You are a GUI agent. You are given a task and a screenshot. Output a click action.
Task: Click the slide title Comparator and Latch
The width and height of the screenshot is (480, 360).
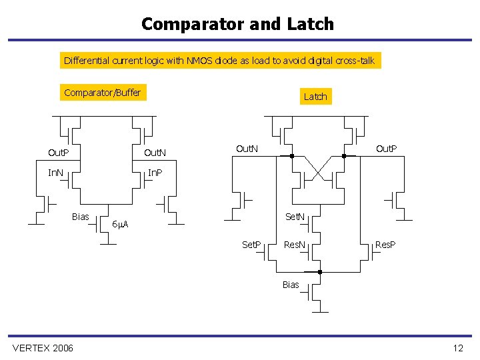237,24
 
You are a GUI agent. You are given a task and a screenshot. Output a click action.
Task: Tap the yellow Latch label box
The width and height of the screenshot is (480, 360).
315,97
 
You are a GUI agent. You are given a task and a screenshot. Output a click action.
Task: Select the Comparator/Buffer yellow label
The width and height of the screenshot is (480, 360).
103,93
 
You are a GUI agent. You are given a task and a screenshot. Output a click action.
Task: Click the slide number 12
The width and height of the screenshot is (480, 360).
457,348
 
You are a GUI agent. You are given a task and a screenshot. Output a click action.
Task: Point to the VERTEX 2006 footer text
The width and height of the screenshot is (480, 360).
43,348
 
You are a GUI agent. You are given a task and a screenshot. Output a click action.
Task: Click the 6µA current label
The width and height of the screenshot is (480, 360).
120,224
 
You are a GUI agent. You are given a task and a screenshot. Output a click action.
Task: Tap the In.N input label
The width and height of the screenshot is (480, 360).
56,173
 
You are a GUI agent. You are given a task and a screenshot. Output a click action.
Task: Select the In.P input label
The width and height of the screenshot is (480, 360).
155,173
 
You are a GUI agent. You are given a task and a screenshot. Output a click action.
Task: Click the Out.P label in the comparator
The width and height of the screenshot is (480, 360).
59,153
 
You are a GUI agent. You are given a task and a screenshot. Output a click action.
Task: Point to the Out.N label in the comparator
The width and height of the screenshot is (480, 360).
155,153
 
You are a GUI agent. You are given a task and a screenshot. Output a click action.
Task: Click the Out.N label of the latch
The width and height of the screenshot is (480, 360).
247,148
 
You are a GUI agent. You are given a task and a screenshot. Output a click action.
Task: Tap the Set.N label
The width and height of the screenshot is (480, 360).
295,216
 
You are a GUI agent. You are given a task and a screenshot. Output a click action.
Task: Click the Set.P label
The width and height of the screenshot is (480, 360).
251,245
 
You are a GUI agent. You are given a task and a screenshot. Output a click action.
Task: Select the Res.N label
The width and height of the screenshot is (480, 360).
295,245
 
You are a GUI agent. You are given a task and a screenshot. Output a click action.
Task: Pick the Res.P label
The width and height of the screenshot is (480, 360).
385,245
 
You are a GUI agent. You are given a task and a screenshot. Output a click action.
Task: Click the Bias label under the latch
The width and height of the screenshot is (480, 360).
291,285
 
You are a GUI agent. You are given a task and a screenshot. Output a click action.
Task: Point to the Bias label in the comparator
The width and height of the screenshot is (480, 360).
81,216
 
